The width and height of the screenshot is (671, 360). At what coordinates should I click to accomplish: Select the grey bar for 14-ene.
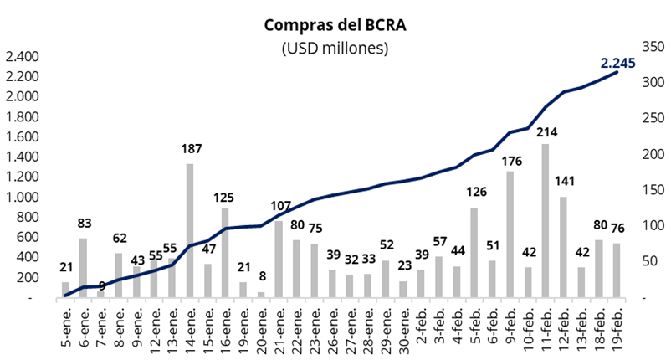click(190, 230)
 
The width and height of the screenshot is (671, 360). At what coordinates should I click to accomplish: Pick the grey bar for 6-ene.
click(84, 268)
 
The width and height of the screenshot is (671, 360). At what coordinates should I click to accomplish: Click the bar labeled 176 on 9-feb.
click(509, 234)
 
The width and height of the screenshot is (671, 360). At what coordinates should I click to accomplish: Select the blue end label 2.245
click(618, 62)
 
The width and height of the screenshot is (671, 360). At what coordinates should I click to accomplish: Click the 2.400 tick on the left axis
click(22, 57)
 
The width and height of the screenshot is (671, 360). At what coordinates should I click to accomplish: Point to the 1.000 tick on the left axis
click(22, 198)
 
